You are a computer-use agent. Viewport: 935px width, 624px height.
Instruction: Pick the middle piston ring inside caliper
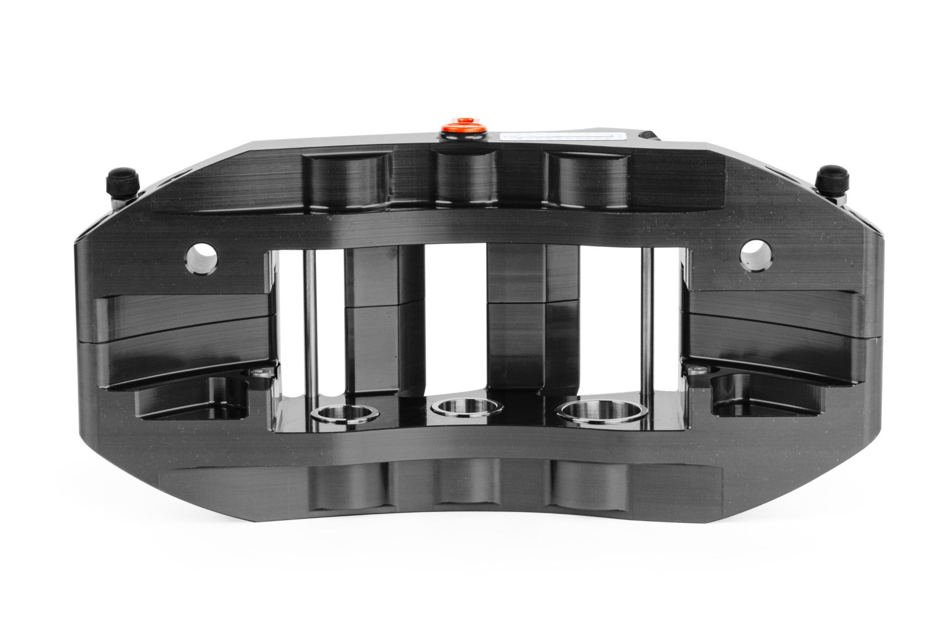pyautogui.click(x=463, y=407)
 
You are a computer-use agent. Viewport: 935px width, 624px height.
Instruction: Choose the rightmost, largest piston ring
pyautogui.click(x=601, y=411)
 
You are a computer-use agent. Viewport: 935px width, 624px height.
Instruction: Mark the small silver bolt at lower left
pyautogui.click(x=263, y=374)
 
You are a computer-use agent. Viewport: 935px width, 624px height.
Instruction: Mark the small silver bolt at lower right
pyautogui.click(x=697, y=371)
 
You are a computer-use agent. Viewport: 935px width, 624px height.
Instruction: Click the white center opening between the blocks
pyautogui.click(x=456, y=318)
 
